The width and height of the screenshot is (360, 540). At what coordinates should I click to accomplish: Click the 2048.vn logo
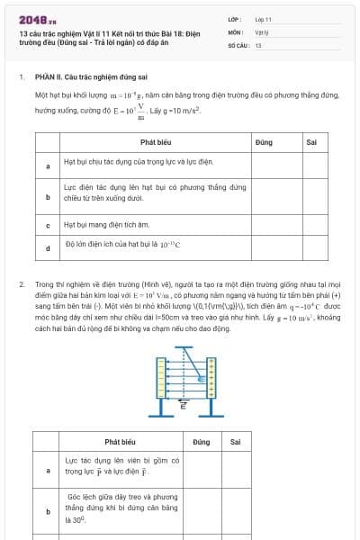(x=38, y=19)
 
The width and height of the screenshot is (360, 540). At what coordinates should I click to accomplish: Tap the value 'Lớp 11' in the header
(x=264, y=19)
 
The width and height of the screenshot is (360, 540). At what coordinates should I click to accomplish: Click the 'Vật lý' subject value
(x=263, y=31)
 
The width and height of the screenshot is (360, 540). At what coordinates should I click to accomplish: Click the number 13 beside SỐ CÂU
(x=258, y=44)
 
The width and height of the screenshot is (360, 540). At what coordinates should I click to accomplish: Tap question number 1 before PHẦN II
(x=21, y=77)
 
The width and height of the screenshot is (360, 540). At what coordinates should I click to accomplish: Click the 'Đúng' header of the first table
(x=264, y=142)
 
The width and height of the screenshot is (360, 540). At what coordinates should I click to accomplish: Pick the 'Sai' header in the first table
(x=311, y=142)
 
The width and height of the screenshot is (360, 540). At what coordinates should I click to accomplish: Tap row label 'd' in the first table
(x=48, y=246)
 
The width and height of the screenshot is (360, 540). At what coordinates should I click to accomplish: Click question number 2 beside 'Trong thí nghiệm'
(x=21, y=284)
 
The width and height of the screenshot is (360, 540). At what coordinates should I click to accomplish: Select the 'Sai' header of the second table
(x=236, y=442)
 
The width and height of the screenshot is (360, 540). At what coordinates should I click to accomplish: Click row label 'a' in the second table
(x=48, y=469)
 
